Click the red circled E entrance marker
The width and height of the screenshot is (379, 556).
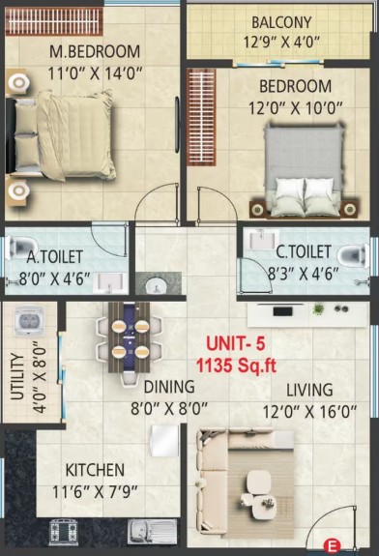pyautogui.click(x=332, y=546)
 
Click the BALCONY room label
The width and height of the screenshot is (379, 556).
pyautogui.click(x=281, y=22)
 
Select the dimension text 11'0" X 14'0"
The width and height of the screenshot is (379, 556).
pyautogui.click(x=95, y=73)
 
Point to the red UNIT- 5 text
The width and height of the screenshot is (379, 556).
pyautogui.click(x=235, y=344)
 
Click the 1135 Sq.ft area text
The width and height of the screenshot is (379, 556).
pyautogui.click(x=237, y=366)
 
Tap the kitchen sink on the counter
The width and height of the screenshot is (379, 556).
pyautogui.click(x=152, y=531)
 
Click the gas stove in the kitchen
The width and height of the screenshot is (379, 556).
pyautogui.click(x=64, y=532)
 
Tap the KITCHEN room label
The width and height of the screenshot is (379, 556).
pyautogui.click(x=95, y=470)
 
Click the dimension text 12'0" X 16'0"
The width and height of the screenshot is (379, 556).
pyautogui.click(x=309, y=412)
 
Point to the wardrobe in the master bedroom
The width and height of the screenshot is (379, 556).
pyautogui.click(x=54, y=21)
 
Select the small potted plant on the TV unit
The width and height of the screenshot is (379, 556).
pyautogui.click(x=318, y=308)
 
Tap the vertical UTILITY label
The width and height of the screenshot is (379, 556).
pyautogui.click(x=17, y=376)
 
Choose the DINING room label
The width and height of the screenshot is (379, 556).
pyautogui.click(x=169, y=387)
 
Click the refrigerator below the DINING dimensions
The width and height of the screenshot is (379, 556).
pyautogui.click(x=164, y=441)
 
